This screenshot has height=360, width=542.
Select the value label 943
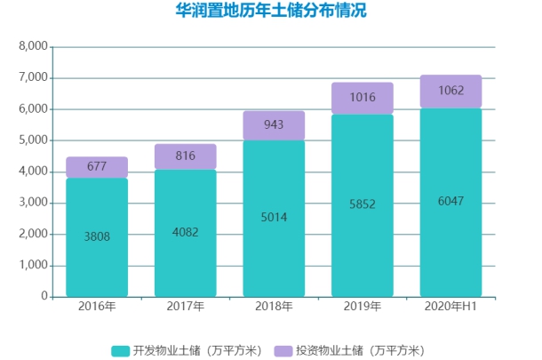(274, 124)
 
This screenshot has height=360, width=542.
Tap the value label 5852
(362, 204)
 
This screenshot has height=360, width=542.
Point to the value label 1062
(450, 91)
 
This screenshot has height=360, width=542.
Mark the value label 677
(96, 166)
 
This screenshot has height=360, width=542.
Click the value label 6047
(450, 201)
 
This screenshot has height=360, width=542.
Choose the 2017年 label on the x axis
(185, 307)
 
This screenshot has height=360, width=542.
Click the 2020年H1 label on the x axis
(450, 307)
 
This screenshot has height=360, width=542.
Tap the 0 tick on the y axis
(42, 297)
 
